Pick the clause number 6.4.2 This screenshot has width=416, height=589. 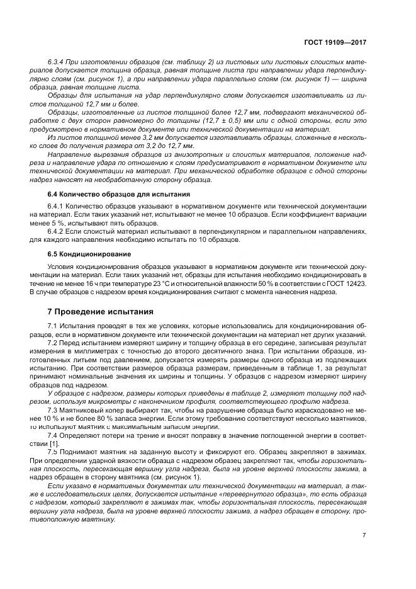(x=57, y=231)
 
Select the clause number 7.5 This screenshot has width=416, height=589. (x=53, y=452)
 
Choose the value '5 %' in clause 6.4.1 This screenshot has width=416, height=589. (x=64, y=223)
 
